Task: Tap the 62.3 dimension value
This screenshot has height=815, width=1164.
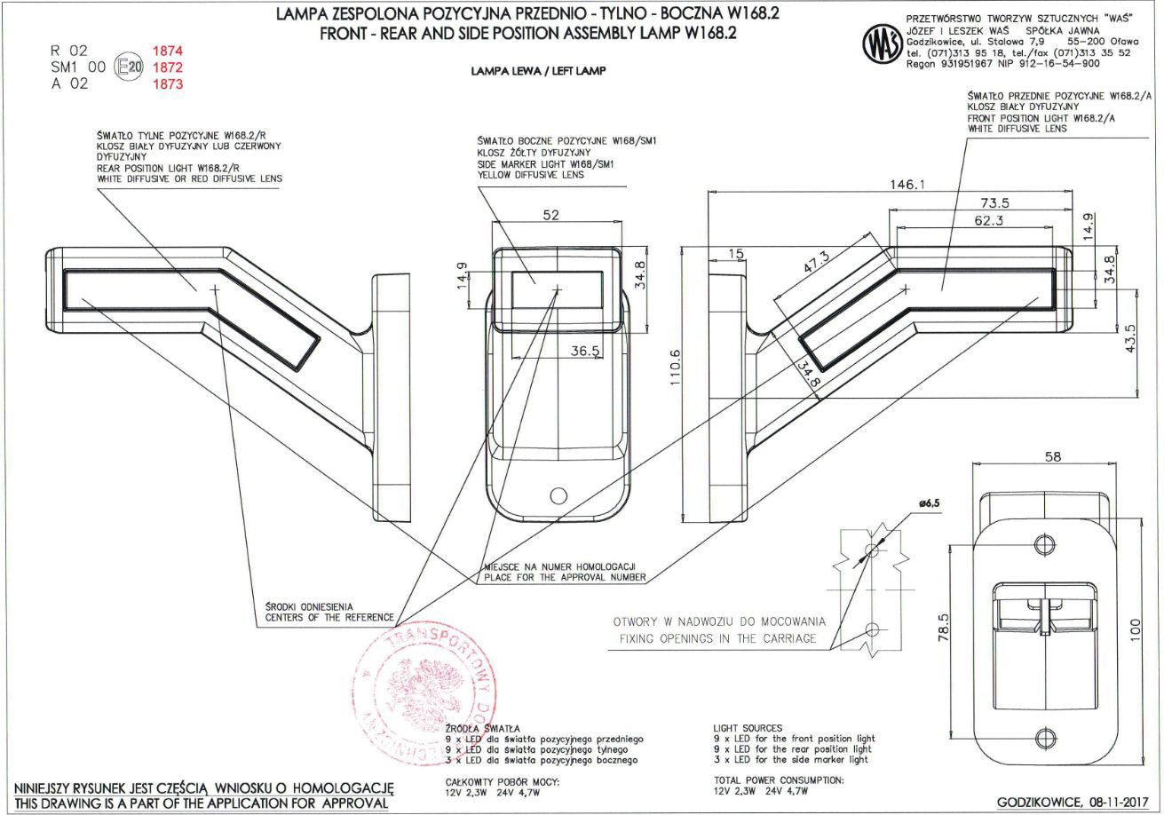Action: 988,219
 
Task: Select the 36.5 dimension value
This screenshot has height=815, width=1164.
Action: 585,352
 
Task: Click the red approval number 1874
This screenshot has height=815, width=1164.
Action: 168,51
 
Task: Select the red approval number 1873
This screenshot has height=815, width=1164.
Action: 168,84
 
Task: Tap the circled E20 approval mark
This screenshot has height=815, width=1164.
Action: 130,67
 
